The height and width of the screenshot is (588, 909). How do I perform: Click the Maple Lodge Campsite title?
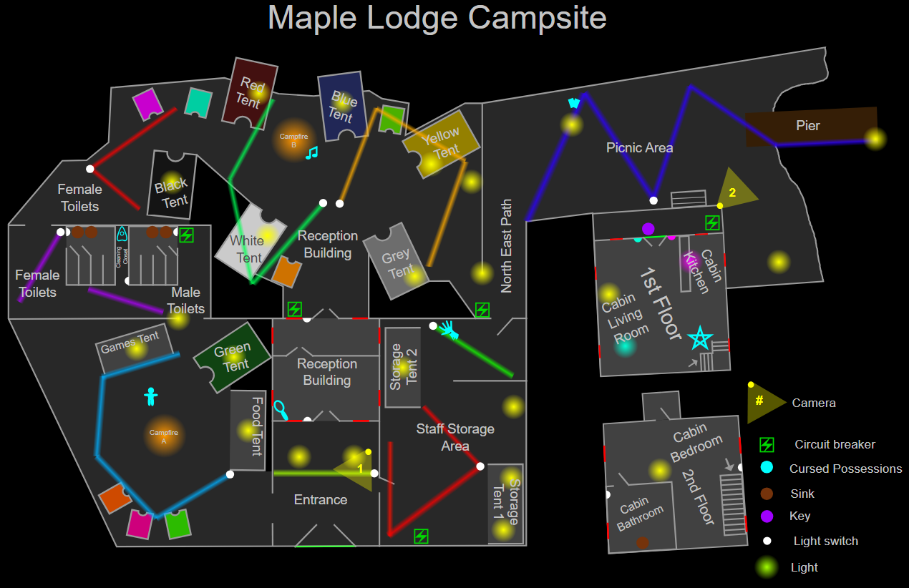coord(437,18)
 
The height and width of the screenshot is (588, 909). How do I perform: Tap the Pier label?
coord(808,126)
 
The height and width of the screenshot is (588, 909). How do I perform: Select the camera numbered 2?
coord(735,191)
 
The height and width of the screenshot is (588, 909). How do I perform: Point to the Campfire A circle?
coord(164,436)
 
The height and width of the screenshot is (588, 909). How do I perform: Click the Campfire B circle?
coord(293,139)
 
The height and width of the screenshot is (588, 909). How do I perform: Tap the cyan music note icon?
coord(311,152)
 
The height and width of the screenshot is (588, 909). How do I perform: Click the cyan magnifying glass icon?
coord(281,410)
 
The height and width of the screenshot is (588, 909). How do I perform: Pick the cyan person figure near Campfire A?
coord(150,396)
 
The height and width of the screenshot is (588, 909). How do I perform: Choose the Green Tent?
coord(232,357)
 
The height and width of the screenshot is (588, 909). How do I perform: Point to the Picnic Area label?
coord(639,148)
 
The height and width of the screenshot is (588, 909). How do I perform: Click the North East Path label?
coord(507,246)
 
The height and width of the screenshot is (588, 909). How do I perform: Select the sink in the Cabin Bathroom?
coord(642,543)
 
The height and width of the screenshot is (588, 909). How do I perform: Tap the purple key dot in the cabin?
coord(648,229)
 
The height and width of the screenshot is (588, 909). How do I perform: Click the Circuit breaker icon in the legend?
coord(767,445)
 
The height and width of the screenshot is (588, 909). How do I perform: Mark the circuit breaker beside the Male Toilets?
coord(186,235)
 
